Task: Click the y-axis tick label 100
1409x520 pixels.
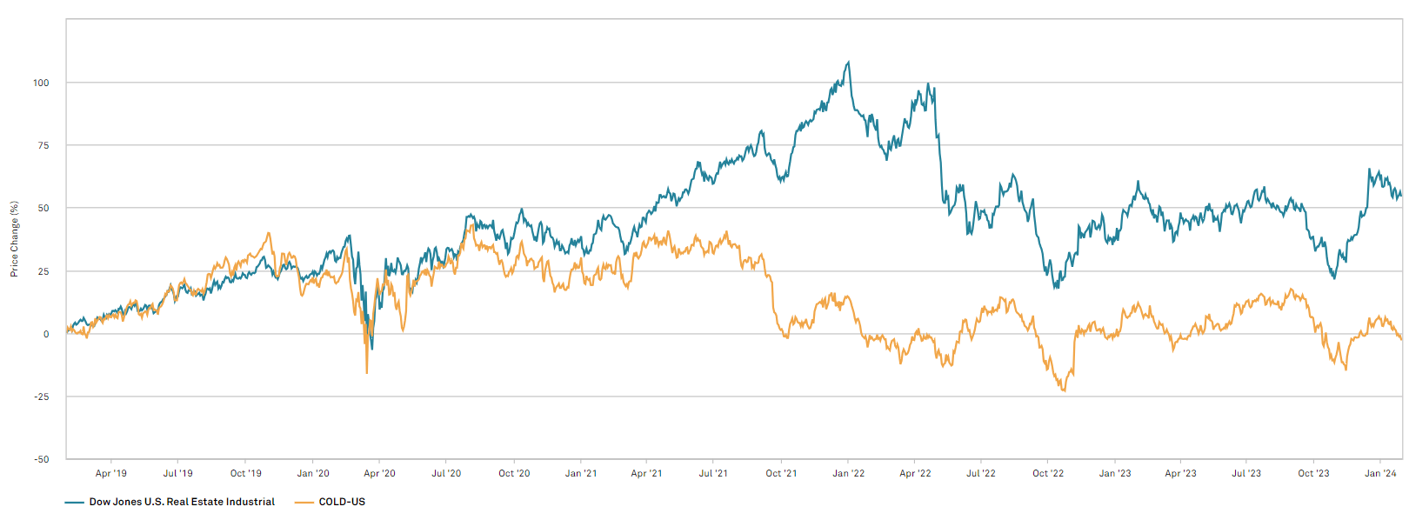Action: click(x=41, y=83)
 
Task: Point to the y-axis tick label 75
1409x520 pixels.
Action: click(x=43, y=145)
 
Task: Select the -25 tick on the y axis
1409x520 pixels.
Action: click(x=41, y=397)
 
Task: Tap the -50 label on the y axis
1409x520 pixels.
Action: click(x=41, y=459)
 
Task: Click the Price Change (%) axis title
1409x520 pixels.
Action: click(x=14, y=239)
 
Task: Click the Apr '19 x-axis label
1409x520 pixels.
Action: click(x=110, y=474)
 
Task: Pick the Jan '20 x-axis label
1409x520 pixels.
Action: click(x=313, y=474)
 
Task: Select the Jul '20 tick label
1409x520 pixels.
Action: click(x=446, y=474)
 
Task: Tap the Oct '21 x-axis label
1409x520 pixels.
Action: click(x=781, y=474)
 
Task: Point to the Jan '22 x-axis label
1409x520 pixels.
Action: click(x=848, y=474)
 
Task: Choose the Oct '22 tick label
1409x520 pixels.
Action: click(x=1048, y=474)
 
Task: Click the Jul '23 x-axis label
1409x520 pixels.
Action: click(x=1246, y=474)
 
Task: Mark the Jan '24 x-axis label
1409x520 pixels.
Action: click(x=1380, y=474)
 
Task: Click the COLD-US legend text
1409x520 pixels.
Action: click(x=342, y=502)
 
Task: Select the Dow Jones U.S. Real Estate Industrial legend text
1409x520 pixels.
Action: click(x=182, y=502)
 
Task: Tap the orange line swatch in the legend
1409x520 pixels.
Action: click(x=304, y=502)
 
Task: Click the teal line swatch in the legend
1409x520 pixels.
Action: click(x=74, y=502)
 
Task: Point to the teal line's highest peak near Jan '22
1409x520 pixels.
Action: click(x=849, y=62)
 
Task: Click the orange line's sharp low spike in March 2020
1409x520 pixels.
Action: click(x=366, y=373)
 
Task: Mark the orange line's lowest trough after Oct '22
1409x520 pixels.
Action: click(x=1064, y=390)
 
